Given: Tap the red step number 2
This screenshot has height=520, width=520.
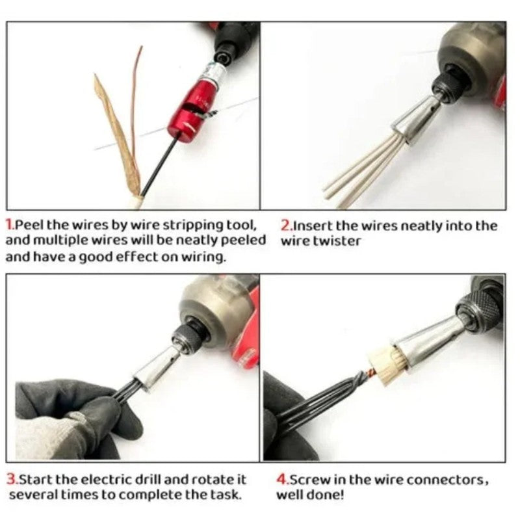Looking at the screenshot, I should click(x=286, y=226).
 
